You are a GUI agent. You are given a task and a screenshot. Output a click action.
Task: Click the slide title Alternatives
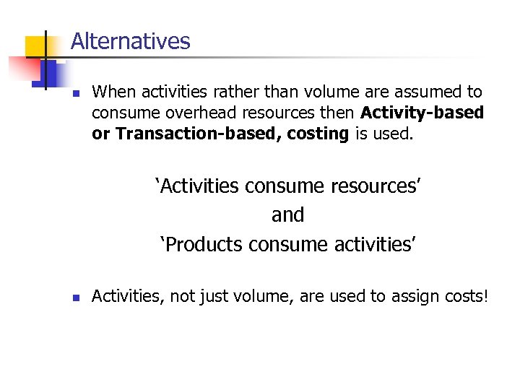[131, 41]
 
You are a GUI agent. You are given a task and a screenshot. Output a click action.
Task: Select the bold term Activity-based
[422, 113]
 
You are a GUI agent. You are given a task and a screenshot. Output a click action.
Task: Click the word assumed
[425, 92]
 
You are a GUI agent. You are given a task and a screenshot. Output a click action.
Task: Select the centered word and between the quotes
[287, 215]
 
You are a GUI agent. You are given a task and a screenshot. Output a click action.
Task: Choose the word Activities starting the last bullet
[126, 295]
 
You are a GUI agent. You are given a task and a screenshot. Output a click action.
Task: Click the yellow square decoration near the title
[35, 46]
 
